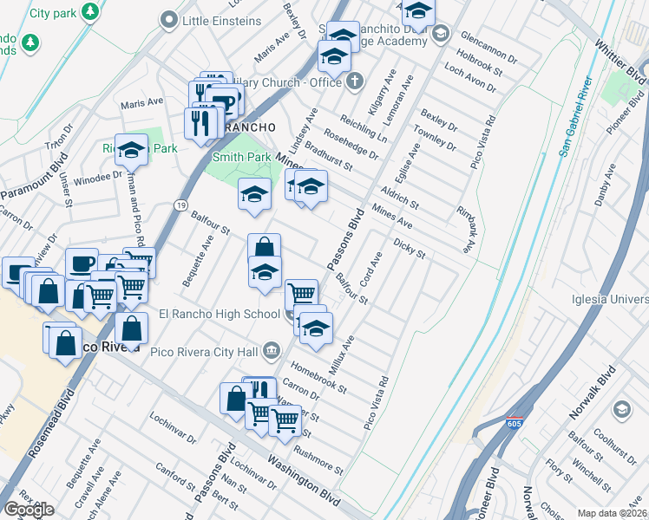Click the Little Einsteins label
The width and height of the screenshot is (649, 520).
pos(222,20)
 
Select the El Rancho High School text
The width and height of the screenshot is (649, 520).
pos(219,314)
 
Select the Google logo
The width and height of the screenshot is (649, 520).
pos(29,510)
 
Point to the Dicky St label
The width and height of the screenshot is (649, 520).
pos(410,250)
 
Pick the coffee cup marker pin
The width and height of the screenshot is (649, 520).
pos(82,263)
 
